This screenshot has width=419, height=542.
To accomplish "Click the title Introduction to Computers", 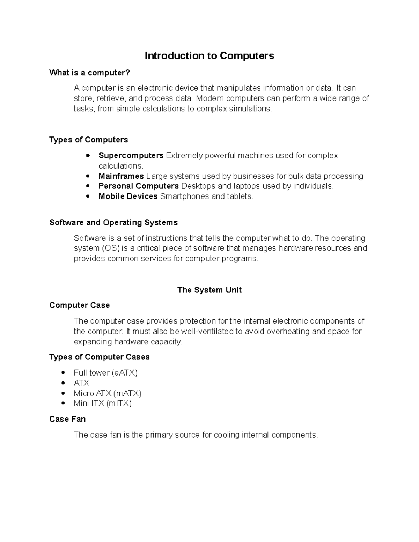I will pos(209,56).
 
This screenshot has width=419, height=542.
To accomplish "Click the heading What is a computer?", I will pos(89,73).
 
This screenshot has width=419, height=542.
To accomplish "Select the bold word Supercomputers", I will pos(131,155).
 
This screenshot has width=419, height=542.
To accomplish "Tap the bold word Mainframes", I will pos(121,176).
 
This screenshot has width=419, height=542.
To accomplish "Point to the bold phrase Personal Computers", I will pos(138,186).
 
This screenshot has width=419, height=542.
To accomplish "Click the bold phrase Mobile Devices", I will pos(128,196).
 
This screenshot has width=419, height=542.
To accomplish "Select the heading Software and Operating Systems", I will pos(113,223).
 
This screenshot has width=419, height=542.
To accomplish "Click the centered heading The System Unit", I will pos(209,290).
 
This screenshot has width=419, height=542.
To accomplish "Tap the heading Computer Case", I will pos(79,305).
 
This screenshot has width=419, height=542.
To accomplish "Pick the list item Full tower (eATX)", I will pos(105,373).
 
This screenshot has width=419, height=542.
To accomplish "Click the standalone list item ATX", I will pos(81,383).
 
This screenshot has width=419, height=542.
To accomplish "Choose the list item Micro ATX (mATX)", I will pos(107,393).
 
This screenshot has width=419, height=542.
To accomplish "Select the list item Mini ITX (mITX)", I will pos(102,403).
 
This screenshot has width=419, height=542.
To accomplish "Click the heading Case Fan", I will pos(67,419).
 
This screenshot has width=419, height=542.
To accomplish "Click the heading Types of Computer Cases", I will pos(99,357).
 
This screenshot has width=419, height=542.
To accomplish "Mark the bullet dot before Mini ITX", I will pos(63,403).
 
